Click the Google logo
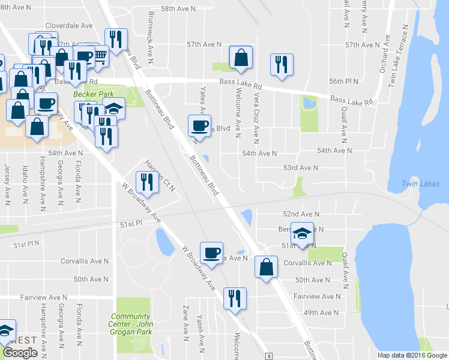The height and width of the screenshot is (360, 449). coord(20,353)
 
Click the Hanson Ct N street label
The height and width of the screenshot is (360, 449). coord(160,174)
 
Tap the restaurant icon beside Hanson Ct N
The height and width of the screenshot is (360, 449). coord(146,181)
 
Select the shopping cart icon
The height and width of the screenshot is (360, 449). coord(100,55)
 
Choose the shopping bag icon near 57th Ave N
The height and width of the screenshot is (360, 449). coord(241,58)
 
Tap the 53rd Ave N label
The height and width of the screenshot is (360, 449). coord(300,167)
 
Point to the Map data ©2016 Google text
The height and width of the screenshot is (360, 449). coord(412,355)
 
